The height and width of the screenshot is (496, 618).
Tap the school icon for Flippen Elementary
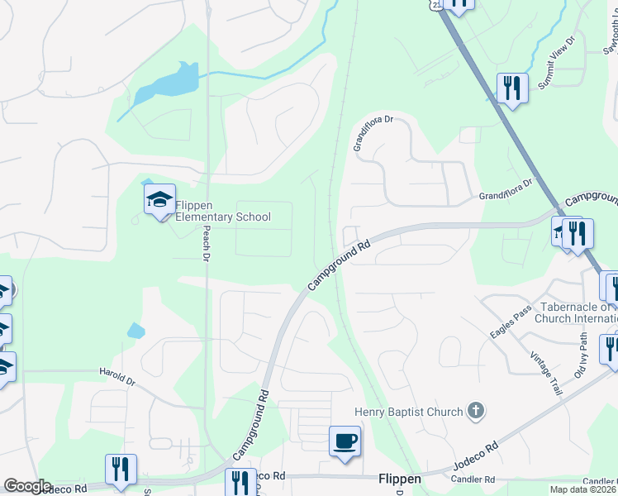click(159, 199)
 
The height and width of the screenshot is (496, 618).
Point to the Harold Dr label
click(117, 376)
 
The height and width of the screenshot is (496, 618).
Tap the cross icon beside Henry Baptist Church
click(475, 409)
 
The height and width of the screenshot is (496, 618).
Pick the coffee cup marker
click(344, 441)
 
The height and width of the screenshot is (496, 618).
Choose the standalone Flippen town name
click(400, 479)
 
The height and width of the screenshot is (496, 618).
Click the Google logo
click(26, 486)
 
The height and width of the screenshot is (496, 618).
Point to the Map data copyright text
click(583, 489)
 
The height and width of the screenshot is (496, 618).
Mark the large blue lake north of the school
click(169, 83)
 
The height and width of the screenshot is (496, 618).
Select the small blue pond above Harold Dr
click(136, 331)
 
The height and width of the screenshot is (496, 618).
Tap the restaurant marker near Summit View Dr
click(512, 88)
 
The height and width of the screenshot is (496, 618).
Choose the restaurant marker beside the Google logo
click(121, 470)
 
